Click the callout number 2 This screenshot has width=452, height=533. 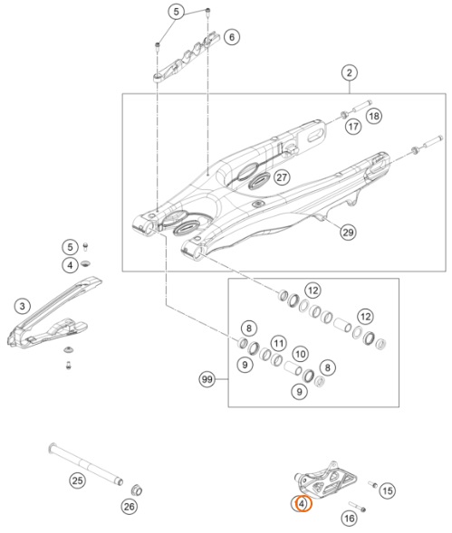(x=350, y=72)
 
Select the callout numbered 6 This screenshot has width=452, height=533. (x=232, y=37)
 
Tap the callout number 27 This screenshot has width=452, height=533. (x=282, y=177)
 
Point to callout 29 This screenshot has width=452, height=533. (x=348, y=233)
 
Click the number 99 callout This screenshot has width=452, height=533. (x=207, y=379)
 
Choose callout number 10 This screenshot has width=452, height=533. (x=300, y=355)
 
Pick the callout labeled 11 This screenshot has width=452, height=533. (x=279, y=343)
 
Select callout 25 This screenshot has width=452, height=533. (x=78, y=481)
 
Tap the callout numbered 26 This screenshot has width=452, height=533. (x=129, y=507)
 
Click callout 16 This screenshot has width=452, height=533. (x=350, y=519)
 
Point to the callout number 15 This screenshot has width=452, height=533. (x=388, y=490)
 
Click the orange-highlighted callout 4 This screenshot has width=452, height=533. (x=302, y=503)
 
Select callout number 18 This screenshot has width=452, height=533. (x=374, y=116)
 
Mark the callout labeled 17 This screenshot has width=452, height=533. (x=353, y=127)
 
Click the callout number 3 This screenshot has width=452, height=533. (x=23, y=306)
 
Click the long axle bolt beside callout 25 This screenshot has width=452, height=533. (x=85, y=464)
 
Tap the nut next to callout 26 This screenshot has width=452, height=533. (x=137, y=490)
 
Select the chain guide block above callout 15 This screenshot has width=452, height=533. (x=325, y=480)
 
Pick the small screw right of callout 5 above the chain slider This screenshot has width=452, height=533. (x=85, y=247)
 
